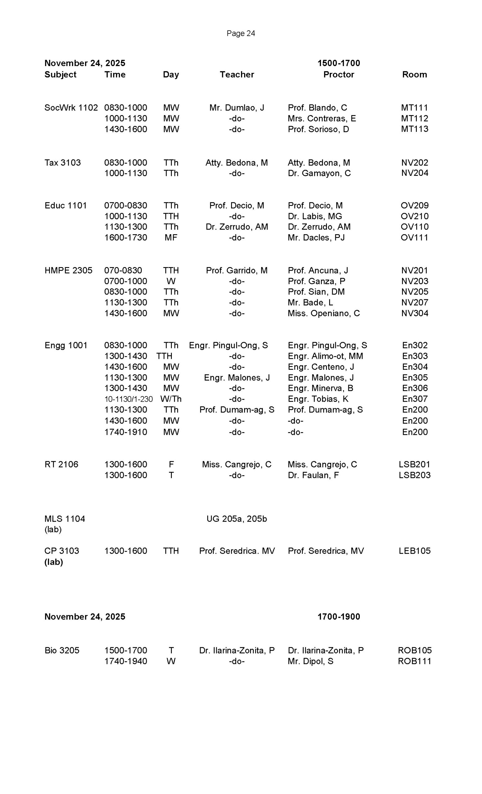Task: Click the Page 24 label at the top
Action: point(240,33)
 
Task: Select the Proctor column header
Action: point(338,74)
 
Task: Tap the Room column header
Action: point(414,74)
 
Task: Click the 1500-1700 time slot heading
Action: point(338,63)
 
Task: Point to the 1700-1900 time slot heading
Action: point(338,617)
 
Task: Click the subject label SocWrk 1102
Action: point(71,108)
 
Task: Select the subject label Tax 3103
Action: point(63,163)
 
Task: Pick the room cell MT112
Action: point(414,118)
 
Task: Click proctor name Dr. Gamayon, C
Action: point(319,173)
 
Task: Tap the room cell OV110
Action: point(414,227)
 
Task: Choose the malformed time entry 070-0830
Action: point(123,270)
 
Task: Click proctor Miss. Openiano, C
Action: point(324,313)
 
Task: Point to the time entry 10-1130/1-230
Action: point(128,399)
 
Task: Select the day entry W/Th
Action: point(171,399)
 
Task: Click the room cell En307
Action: point(414,399)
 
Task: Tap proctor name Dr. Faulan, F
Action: point(313,475)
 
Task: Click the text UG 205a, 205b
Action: point(236,519)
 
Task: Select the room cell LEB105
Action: point(414,551)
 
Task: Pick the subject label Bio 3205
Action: point(62,650)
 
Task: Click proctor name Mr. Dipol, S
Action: point(310,661)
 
